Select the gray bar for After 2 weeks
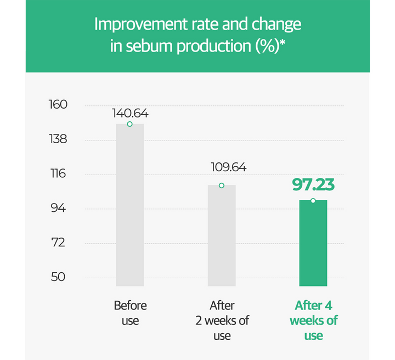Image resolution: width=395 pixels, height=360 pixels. pos(222,236)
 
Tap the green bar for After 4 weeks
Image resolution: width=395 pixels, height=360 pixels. pos(313,244)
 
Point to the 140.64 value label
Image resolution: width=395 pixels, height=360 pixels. pos(130,114)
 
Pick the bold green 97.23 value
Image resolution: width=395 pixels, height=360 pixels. pos(313,184)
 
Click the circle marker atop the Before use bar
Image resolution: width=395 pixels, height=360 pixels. pos(130,124)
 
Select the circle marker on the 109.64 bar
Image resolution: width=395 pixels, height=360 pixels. pos(222,185)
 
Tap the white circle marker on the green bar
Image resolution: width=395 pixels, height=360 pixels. pos(313,201)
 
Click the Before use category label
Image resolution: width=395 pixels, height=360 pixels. pos(130,313)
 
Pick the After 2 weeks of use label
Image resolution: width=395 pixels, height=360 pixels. pos(222,320)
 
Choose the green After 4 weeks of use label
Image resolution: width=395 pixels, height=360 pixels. pos(313,320)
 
